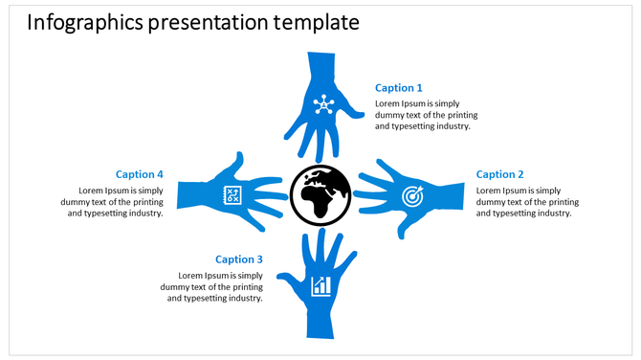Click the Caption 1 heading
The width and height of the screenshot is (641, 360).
pos(399,88)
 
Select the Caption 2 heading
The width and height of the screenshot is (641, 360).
pos(500,174)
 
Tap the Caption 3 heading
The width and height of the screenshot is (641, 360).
pos(239,259)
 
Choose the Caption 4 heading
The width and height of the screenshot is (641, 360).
pos(140,174)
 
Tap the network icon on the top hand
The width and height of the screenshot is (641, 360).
pos(321,103)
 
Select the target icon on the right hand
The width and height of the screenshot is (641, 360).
pos(411,196)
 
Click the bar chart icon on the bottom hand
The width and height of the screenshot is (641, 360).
pos(321,285)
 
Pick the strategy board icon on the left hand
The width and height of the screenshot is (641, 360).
pos(231,194)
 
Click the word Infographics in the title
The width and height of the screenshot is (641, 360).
pos(84,23)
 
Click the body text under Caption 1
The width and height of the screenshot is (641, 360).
pos(422,114)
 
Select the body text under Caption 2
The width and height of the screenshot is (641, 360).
pos(527,201)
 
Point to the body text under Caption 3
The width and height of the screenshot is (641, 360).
pos(212,286)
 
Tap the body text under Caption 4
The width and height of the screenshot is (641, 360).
pos(115,201)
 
